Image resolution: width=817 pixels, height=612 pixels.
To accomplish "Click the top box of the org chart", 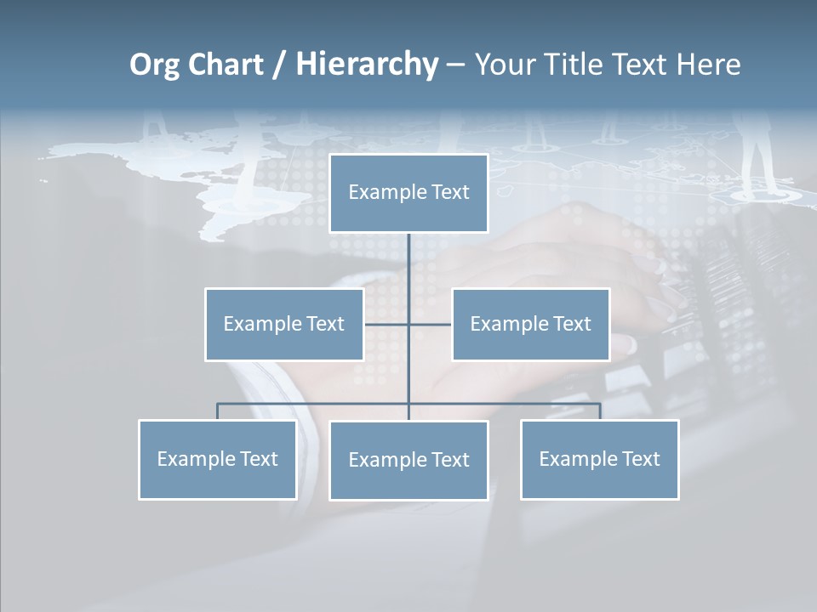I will (x=408, y=193).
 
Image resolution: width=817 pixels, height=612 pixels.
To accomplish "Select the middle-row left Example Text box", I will (x=284, y=324).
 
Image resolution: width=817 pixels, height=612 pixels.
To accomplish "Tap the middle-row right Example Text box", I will (x=530, y=324).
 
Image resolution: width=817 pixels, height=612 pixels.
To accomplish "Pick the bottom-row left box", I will (x=217, y=459).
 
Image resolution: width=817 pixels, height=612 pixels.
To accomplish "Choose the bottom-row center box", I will (x=408, y=460).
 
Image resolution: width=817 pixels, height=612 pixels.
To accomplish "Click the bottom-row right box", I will (x=599, y=459).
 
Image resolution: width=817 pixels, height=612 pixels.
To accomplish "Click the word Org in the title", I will (x=154, y=65).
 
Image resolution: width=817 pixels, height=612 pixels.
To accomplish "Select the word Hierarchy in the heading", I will (x=367, y=65).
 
